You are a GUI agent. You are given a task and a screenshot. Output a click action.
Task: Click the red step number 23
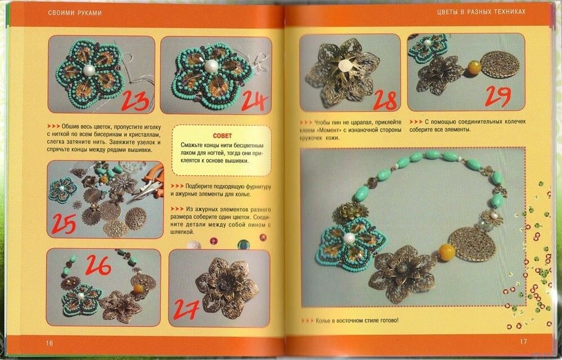click(x=135, y=101)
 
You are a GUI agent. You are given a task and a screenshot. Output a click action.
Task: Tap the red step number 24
click(x=254, y=101)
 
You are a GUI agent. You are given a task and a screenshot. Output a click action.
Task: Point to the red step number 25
click(x=64, y=223)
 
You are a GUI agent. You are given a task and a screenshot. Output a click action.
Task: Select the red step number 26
click(x=98, y=265)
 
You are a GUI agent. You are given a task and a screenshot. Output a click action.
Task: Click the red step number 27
click(x=187, y=309)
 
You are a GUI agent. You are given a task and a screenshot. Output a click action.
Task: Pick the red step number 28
click(x=385, y=101)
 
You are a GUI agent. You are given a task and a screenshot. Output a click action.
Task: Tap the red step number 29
click(x=497, y=96)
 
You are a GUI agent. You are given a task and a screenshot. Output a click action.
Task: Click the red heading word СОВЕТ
click(x=222, y=136)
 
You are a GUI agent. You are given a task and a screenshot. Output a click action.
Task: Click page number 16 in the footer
click(x=49, y=343)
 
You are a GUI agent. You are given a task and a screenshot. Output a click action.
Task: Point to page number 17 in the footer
click(x=523, y=341)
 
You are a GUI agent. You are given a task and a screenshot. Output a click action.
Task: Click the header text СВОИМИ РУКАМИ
click(x=75, y=13)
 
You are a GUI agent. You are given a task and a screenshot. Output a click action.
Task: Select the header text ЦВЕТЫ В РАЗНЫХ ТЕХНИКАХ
click(x=481, y=11)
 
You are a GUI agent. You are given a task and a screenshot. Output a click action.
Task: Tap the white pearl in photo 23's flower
click(x=88, y=70)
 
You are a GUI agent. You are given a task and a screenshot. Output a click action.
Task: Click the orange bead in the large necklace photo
click(x=447, y=252)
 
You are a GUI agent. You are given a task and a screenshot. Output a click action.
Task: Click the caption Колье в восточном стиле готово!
click(x=357, y=321)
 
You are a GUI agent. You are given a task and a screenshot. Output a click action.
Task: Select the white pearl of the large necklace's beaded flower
click(x=349, y=239)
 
